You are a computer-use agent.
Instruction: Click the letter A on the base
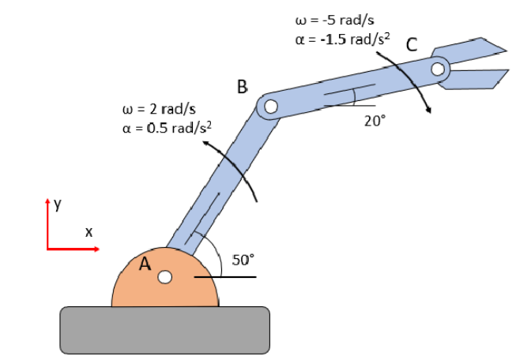(145, 264)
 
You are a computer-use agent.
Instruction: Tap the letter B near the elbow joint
(243, 85)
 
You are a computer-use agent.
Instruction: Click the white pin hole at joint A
(164, 277)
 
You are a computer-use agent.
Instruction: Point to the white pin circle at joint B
(270, 106)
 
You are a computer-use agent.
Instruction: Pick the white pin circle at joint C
(439, 69)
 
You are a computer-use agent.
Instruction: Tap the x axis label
(89, 232)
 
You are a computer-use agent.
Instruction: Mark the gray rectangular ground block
(164, 329)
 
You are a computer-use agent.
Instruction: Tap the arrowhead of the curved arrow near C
(429, 109)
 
